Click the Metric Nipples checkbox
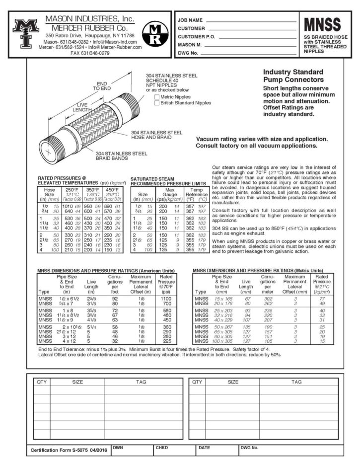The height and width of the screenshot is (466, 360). (156, 97)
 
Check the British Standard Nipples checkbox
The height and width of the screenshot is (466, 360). (156, 103)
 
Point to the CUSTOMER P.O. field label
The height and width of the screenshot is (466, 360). (196, 37)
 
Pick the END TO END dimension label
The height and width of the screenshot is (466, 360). (102, 85)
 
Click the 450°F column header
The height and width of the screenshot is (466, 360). (112, 189)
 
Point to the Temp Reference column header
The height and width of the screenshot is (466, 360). (197, 192)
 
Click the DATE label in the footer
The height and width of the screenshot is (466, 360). (204, 447)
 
